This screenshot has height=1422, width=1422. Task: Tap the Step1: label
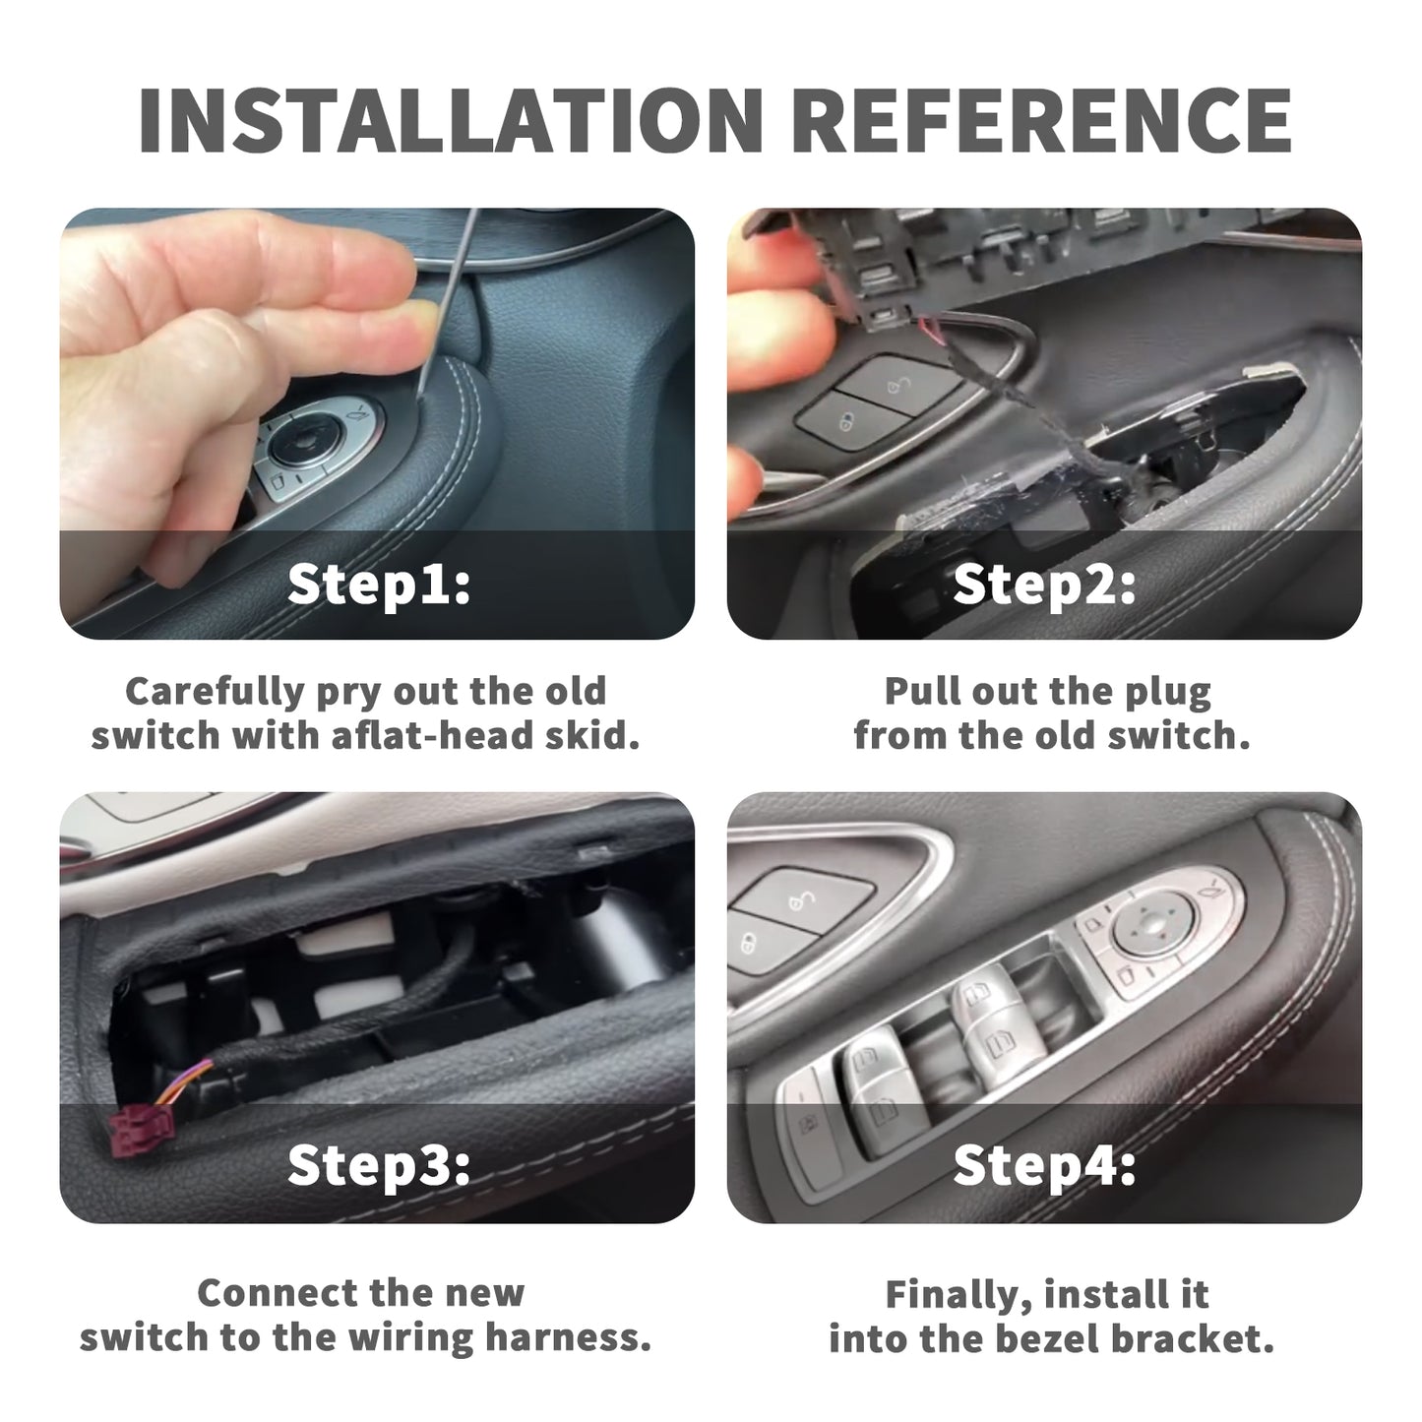tap(379, 584)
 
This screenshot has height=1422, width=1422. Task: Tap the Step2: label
tap(1044, 584)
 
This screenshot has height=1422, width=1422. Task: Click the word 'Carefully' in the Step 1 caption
tap(216, 693)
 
